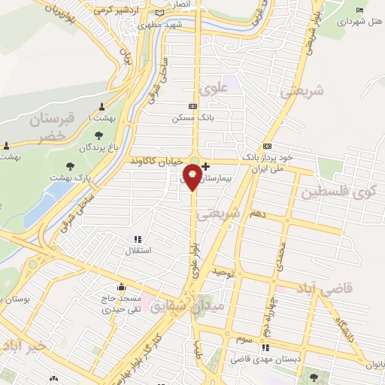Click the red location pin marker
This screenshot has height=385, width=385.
pyautogui.click(x=193, y=177)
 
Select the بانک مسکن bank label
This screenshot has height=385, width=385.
pyautogui.click(x=188, y=118)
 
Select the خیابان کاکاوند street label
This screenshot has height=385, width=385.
pyautogui.click(x=156, y=161)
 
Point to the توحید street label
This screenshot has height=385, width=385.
pyautogui.click(x=224, y=270)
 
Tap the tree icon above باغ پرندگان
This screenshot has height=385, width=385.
pyautogui.click(x=99, y=133)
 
